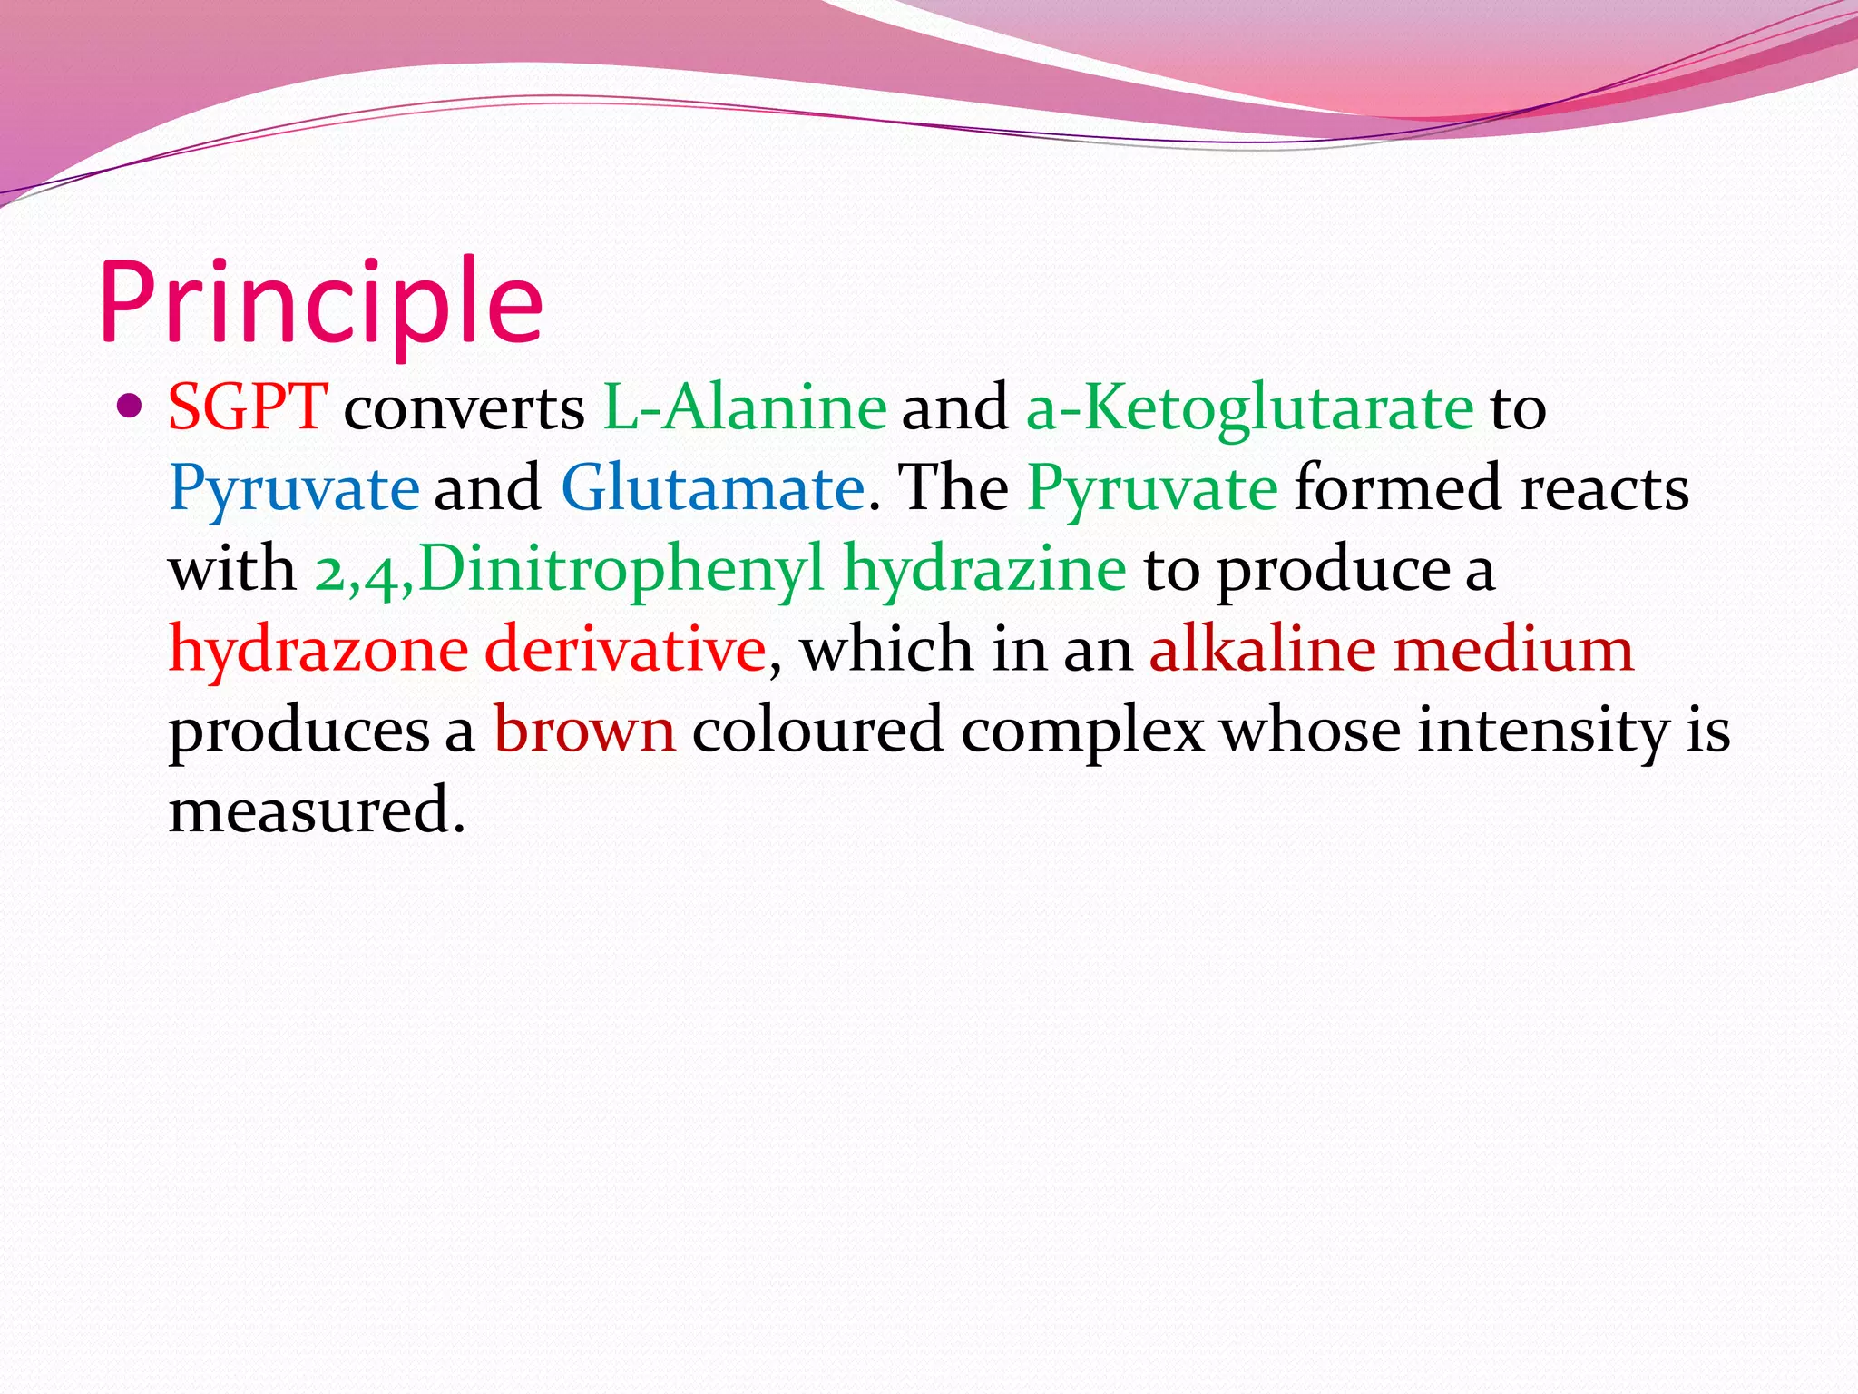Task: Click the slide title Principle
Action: tap(322, 302)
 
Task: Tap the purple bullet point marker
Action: tap(131, 405)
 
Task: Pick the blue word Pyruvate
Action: tap(294, 488)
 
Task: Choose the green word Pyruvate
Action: tap(1152, 488)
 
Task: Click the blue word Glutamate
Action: tap(713, 488)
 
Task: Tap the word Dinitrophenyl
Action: tap(621, 569)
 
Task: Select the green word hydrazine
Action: tap(984, 569)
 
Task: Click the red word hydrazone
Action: tap(318, 650)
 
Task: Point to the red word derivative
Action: tap(625, 650)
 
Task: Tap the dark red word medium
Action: tap(1513, 650)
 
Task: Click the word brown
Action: tap(584, 730)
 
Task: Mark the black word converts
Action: tap(464, 408)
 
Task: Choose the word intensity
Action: tap(1542, 730)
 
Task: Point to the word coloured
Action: tap(817, 730)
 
